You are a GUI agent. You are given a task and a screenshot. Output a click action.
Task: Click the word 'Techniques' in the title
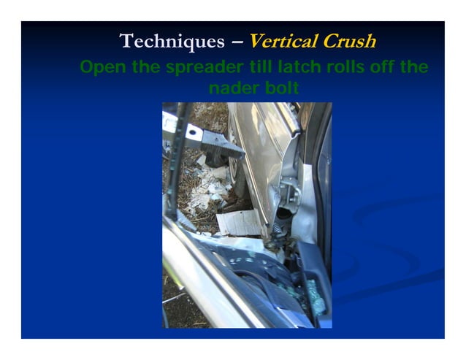(169, 42)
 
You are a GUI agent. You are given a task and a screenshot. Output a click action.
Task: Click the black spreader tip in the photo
(218, 146)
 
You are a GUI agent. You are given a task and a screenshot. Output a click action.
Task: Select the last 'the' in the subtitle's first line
(412, 69)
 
